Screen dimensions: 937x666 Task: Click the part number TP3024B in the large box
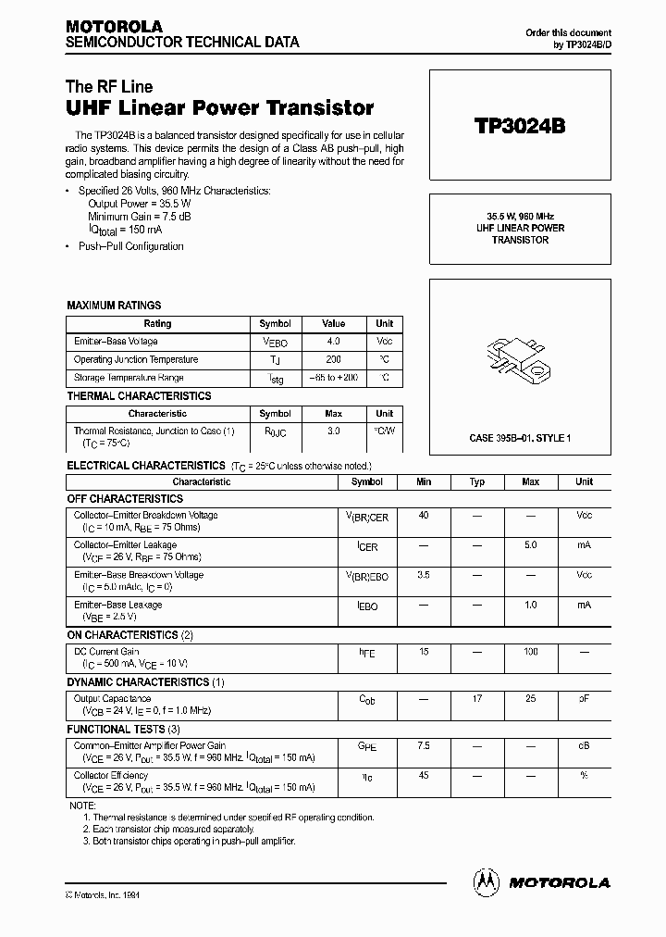click(519, 126)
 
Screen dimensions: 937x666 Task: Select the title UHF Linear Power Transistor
click(220, 108)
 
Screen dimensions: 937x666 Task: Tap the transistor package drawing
click(519, 360)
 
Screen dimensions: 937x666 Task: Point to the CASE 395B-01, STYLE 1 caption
click(519, 437)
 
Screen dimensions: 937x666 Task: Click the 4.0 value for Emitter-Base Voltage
click(334, 342)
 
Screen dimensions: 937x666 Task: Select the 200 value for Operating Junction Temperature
click(334, 359)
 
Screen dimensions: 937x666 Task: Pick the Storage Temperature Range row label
click(129, 378)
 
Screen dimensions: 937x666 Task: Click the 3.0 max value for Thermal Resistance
click(334, 431)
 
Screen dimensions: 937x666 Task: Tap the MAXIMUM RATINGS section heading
click(114, 305)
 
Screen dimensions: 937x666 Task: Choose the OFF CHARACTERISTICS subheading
click(125, 499)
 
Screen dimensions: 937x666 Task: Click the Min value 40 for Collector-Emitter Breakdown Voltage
click(424, 515)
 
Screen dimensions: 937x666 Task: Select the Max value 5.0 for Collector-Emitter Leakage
click(530, 545)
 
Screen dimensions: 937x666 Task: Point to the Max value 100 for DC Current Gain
click(530, 652)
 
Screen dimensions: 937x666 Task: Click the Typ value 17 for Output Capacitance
click(477, 699)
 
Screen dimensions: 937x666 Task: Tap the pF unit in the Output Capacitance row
click(584, 699)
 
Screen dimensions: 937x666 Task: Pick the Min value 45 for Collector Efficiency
click(424, 775)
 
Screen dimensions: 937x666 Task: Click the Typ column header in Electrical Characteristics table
click(477, 482)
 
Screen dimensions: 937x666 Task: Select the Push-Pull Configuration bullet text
click(130, 246)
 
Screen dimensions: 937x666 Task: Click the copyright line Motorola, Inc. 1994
click(103, 895)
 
